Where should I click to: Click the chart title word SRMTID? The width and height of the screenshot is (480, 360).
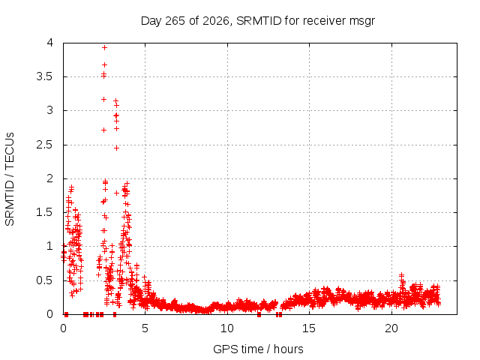click(259, 21)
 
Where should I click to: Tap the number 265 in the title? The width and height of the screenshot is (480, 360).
click(175, 21)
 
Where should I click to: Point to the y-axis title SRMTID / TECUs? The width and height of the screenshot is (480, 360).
click(10, 179)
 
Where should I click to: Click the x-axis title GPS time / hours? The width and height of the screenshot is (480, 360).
click(258, 349)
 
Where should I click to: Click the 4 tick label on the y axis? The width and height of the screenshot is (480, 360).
click(50, 43)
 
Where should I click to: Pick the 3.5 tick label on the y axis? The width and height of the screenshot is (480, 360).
click(45, 76)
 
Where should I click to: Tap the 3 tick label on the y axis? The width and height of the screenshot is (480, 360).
click(50, 110)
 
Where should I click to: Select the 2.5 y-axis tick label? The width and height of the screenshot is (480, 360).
click(45, 145)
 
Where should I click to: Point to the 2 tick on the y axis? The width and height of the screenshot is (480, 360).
click(50, 178)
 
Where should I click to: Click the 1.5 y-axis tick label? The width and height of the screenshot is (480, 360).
click(45, 212)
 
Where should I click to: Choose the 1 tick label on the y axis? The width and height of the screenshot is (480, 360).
click(50, 246)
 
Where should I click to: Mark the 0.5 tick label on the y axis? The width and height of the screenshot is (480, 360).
click(45, 280)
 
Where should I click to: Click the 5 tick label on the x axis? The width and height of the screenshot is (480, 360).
click(145, 328)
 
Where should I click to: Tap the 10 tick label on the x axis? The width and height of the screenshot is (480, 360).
click(227, 328)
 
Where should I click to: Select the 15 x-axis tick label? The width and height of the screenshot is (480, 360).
click(309, 328)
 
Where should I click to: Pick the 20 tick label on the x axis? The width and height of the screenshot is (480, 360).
click(391, 328)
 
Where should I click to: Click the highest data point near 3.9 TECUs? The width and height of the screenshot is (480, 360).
click(104, 47)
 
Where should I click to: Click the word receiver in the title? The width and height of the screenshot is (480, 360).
click(325, 21)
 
